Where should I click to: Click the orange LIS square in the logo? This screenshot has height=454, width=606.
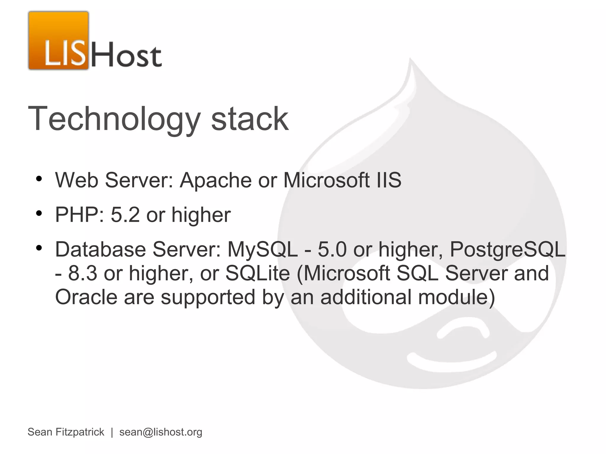[59, 41]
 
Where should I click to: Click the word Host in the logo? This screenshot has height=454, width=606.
[126, 55]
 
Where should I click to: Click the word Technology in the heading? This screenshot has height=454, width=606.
[114, 119]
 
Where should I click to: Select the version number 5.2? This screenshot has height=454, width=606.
[125, 215]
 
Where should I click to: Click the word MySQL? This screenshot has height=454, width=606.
[262, 249]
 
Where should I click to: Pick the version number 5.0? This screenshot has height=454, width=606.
[332, 249]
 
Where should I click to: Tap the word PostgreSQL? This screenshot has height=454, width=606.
[507, 249]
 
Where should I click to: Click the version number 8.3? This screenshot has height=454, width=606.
[83, 273]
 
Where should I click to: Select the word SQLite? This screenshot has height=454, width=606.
[257, 273]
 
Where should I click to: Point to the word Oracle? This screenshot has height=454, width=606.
[86, 297]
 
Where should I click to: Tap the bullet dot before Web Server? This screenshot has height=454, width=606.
[39, 179]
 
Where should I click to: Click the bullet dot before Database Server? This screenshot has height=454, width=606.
[39, 248]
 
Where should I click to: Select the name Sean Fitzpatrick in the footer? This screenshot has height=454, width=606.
[66, 432]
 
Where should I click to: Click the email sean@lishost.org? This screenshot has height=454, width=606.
[161, 432]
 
